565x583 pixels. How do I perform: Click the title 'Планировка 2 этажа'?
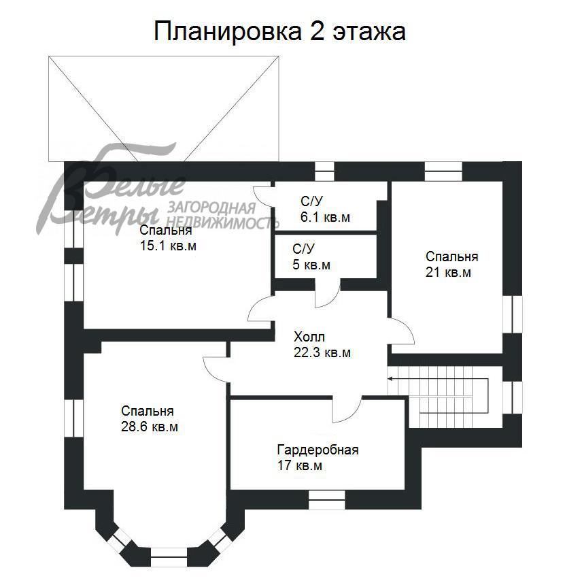[279, 31]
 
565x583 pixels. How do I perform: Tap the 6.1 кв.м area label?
[326, 218]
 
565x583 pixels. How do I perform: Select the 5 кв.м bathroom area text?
[311, 265]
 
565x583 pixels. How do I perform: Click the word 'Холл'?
[309, 337]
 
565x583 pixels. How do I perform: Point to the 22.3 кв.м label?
[322, 352]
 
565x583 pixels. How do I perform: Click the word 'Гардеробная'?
[318, 450]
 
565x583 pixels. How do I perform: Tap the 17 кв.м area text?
[299, 466]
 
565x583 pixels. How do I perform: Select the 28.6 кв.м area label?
[150, 427]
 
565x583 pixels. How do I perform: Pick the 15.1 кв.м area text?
[168, 246]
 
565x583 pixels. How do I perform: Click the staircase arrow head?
[391, 379]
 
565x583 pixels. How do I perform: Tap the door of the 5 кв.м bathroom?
[328, 294]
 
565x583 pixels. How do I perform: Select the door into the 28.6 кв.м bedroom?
[216, 369]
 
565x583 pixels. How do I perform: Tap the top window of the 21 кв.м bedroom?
[443, 170]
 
